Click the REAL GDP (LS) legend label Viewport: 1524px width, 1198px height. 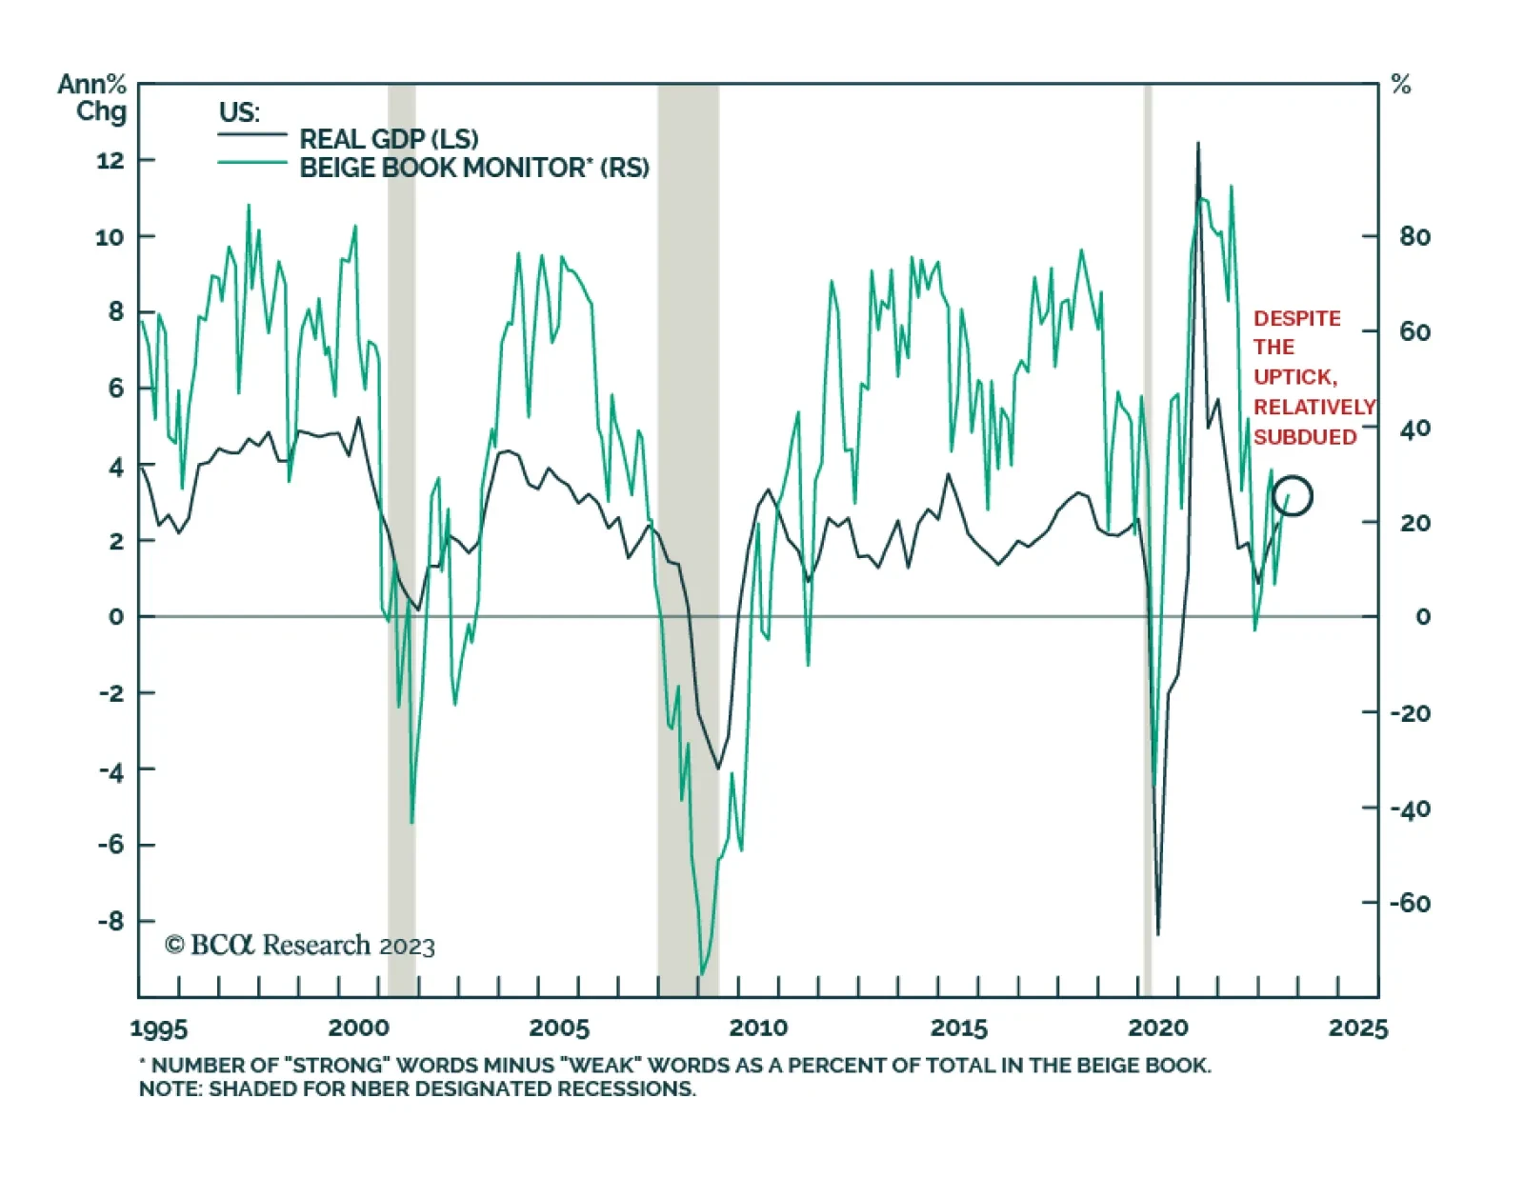point(389,139)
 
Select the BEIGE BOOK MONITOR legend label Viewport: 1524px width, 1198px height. point(473,168)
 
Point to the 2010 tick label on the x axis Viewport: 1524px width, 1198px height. point(758,1028)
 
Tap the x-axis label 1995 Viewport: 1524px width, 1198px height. point(159,1028)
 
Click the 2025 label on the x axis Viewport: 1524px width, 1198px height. point(1358,1028)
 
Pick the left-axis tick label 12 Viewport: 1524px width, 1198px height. point(110,160)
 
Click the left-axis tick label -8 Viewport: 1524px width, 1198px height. point(110,922)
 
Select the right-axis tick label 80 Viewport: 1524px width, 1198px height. point(1414,236)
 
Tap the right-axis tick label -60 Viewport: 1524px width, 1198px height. point(1410,903)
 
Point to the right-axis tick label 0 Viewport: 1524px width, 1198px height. point(1422,617)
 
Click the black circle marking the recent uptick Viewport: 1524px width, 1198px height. point(1293,495)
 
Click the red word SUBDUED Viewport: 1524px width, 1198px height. point(1305,437)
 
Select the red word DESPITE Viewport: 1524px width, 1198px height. point(1296,318)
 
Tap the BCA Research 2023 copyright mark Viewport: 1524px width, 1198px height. point(300,946)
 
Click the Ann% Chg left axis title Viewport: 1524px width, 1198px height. point(93,98)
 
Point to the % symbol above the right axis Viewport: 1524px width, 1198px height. point(1400,85)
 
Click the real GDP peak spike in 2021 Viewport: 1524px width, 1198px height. point(1197,145)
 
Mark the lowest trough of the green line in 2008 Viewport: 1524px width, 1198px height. point(702,973)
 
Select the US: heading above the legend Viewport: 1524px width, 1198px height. point(239,112)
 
